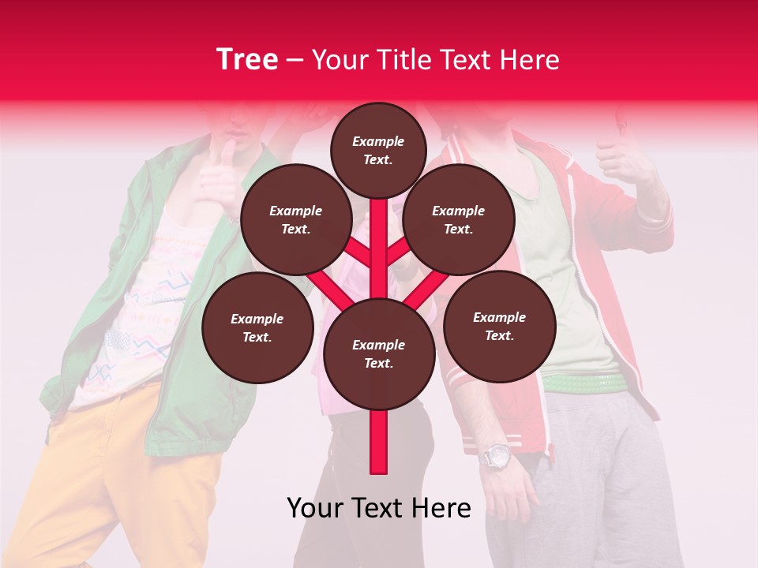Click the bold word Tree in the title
[x=247, y=60]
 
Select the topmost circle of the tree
[x=378, y=150]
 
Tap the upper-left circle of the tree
[x=296, y=219]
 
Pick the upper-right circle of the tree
[x=459, y=219]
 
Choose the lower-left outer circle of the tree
[x=257, y=327]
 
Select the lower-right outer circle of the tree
[x=499, y=326]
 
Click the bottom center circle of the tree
[x=379, y=353]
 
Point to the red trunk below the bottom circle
[x=379, y=442]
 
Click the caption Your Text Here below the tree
[x=379, y=508]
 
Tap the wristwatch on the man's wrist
[x=497, y=456]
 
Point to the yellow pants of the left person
[x=134, y=473]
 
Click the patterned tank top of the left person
[x=150, y=316]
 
